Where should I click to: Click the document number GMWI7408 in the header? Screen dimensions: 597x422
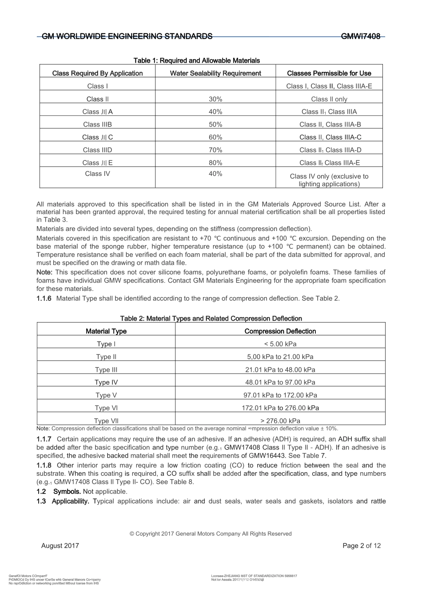point(361,36)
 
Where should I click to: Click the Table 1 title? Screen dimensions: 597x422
point(197,60)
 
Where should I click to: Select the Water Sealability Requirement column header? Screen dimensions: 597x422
point(215,73)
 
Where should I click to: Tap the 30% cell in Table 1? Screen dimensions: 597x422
point(215,99)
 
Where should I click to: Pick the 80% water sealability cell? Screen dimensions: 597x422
point(215,163)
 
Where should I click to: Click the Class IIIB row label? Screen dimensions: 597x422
point(97,124)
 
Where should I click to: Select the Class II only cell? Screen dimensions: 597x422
point(329,99)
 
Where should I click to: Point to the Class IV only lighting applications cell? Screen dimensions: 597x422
point(329,180)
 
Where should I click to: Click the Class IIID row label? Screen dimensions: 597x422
point(97,150)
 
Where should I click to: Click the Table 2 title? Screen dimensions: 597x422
point(211,318)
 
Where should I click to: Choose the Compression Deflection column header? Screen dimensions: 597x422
point(280,331)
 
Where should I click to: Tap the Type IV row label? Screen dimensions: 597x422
point(106,382)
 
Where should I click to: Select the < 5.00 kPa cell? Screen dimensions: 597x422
point(280,344)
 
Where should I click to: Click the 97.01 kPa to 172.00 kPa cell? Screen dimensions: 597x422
point(280,395)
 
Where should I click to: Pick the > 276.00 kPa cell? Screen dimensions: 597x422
point(280,421)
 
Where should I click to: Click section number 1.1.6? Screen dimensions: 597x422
point(44,298)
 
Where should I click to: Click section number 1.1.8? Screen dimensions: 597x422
point(44,466)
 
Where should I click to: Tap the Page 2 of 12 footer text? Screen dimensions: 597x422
point(362,546)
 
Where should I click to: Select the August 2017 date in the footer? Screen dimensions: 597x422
point(60,546)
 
